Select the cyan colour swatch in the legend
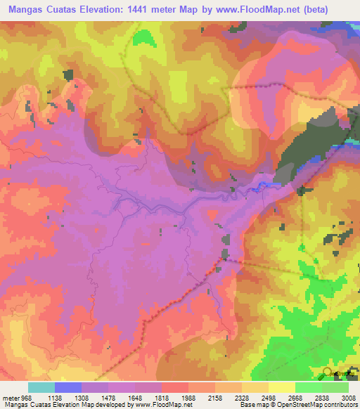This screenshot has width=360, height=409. pos(41,387)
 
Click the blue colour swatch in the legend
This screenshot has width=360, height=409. pos(68,387)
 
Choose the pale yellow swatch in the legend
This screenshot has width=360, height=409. pos(282,387)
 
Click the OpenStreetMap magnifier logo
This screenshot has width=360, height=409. pos(327,372)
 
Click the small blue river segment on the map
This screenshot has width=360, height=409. pos(263,186)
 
